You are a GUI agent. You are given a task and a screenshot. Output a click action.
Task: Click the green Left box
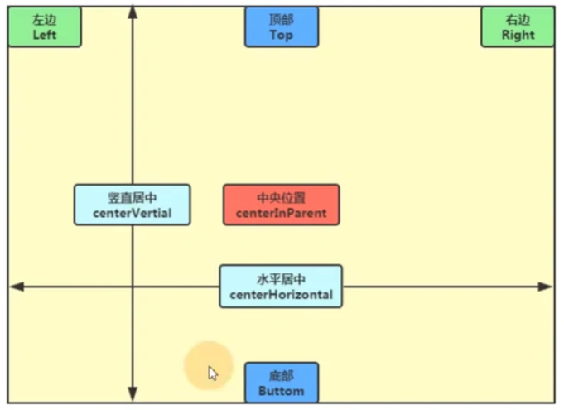click(45, 27)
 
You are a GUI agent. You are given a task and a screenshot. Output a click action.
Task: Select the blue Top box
click(282, 27)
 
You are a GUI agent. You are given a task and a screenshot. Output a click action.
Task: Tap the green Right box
click(518, 27)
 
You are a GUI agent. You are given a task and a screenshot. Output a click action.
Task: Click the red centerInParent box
click(282, 205)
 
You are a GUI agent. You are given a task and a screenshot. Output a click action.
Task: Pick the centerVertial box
click(133, 205)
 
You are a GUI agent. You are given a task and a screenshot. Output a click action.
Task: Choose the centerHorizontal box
click(282, 287)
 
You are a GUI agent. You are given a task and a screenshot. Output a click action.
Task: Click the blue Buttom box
click(282, 383)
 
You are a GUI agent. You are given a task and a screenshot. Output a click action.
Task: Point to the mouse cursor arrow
click(213, 374)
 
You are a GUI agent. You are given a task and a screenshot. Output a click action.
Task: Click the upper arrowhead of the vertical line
click(133, 12)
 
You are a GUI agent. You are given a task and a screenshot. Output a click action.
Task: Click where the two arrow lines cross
click(133, 287)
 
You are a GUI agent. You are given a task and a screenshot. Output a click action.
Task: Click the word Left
click(45, 35)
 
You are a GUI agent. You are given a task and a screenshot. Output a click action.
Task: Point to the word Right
click(518, 35)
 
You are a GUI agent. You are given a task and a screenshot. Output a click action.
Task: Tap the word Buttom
click(282, 391)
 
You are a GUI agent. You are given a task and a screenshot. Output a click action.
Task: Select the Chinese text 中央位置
click(282, 198)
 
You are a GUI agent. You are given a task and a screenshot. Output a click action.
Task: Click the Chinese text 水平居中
click(282, 279)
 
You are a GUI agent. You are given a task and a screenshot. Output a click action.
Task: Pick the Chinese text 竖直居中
click(133, 198)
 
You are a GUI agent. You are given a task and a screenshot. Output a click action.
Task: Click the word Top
click(282, 35)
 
